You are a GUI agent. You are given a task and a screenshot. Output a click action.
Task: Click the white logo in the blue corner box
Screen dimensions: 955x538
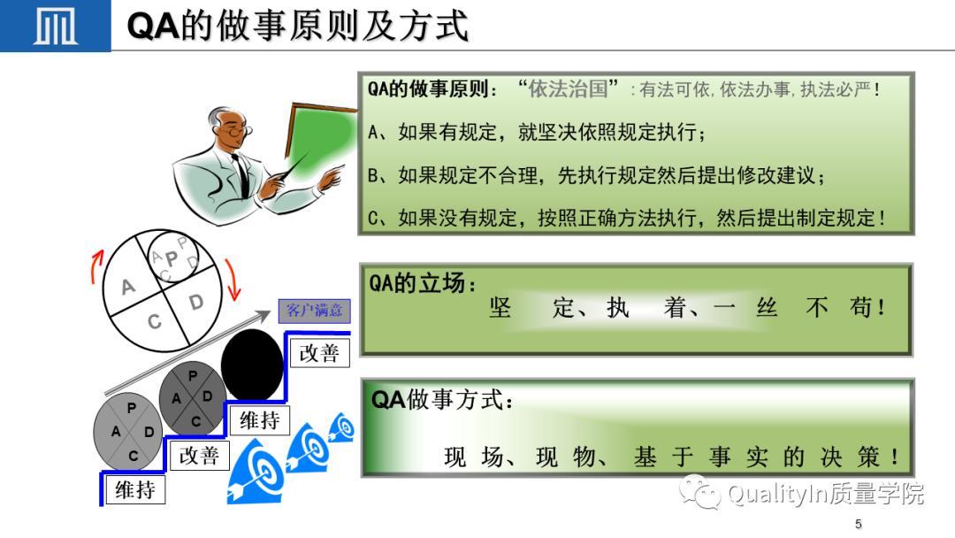click(x=56, y=27)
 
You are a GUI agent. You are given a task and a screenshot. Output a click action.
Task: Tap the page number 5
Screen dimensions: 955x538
click(x=858, y=523)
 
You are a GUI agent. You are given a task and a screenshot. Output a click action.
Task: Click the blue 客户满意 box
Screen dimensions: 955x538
click(x=314, y=311)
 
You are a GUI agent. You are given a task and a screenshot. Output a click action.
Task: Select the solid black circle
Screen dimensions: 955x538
click(x=252, y=365)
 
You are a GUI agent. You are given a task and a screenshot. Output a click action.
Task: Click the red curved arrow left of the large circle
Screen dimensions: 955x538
click(x=95, y=267)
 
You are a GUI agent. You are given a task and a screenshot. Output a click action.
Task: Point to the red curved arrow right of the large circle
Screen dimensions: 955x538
click(x=233, y=280)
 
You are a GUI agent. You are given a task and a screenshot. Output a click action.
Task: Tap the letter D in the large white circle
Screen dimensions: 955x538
click(x=196, y=302)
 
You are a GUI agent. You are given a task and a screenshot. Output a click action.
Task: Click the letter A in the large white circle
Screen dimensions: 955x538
click(x=128, y=287)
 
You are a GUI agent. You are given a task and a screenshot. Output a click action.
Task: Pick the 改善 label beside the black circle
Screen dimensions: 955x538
click(x=319, y=353)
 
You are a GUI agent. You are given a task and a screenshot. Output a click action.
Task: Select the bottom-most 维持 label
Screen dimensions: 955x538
click(x=135, y=490)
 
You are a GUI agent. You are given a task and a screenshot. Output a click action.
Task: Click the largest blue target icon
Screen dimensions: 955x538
click(x=256, y=473)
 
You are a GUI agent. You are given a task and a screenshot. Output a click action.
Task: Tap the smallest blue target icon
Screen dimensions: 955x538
click(x=342, y=427)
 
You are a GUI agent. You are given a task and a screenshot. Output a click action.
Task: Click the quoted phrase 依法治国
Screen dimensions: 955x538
click(x=568, y=89)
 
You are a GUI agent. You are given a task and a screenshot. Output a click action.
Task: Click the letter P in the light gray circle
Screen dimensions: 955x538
click(x=132, y=408)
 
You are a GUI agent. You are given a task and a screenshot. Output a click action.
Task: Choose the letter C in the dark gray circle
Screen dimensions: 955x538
click(x=195, y=421)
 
